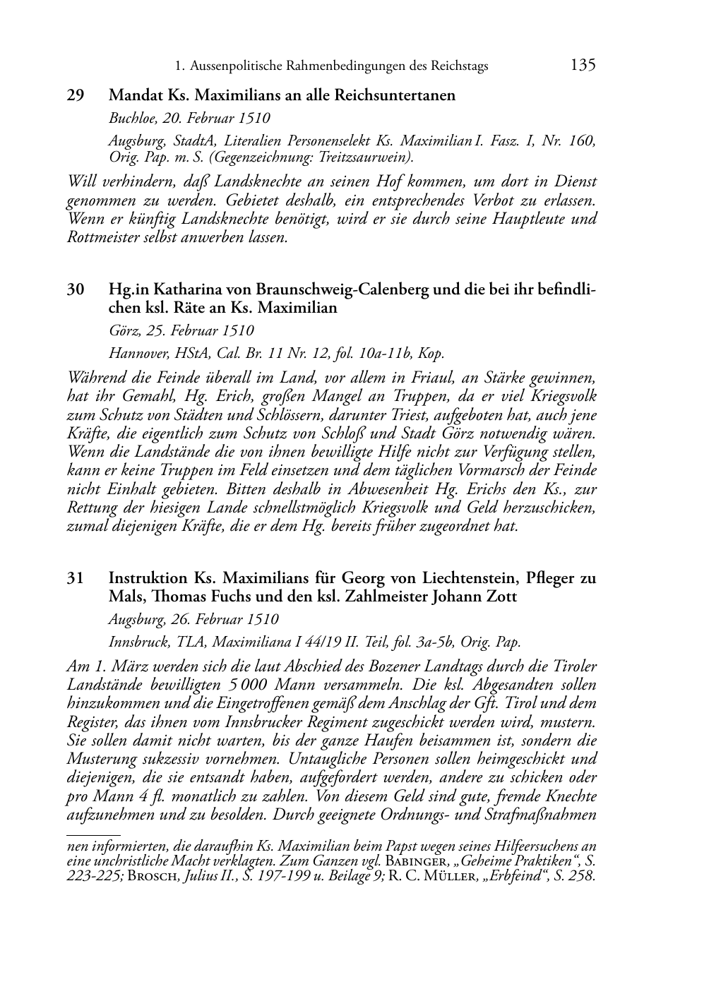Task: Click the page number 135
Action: click(583, 65)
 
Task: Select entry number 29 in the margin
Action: click(76, 95)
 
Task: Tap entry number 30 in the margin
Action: click(76, 290)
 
